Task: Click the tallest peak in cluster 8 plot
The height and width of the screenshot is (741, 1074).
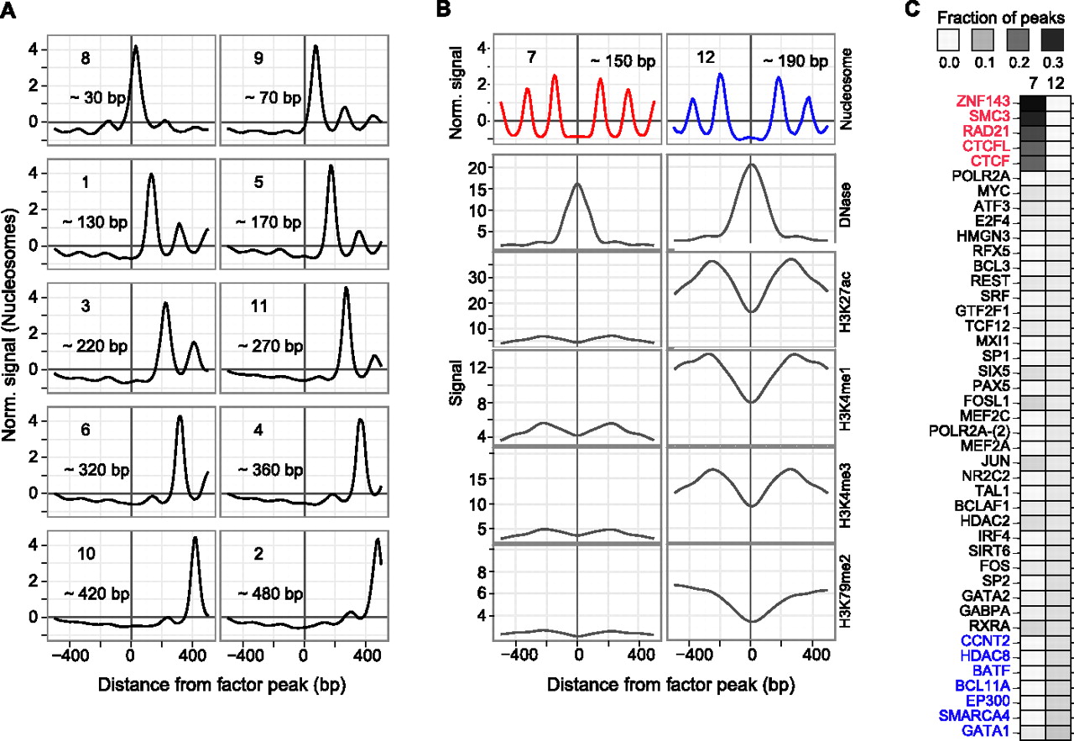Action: (x=136, y=48)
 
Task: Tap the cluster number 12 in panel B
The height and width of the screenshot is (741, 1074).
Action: (x=705, y=56)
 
